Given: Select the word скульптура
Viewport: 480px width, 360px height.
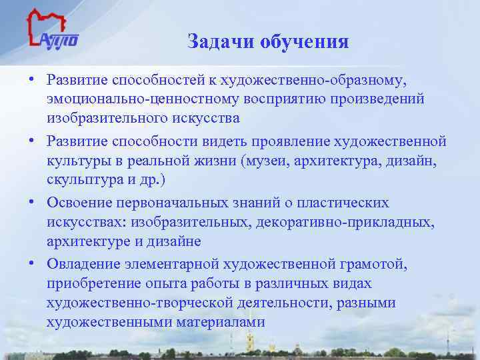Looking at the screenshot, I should click(81, 180).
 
